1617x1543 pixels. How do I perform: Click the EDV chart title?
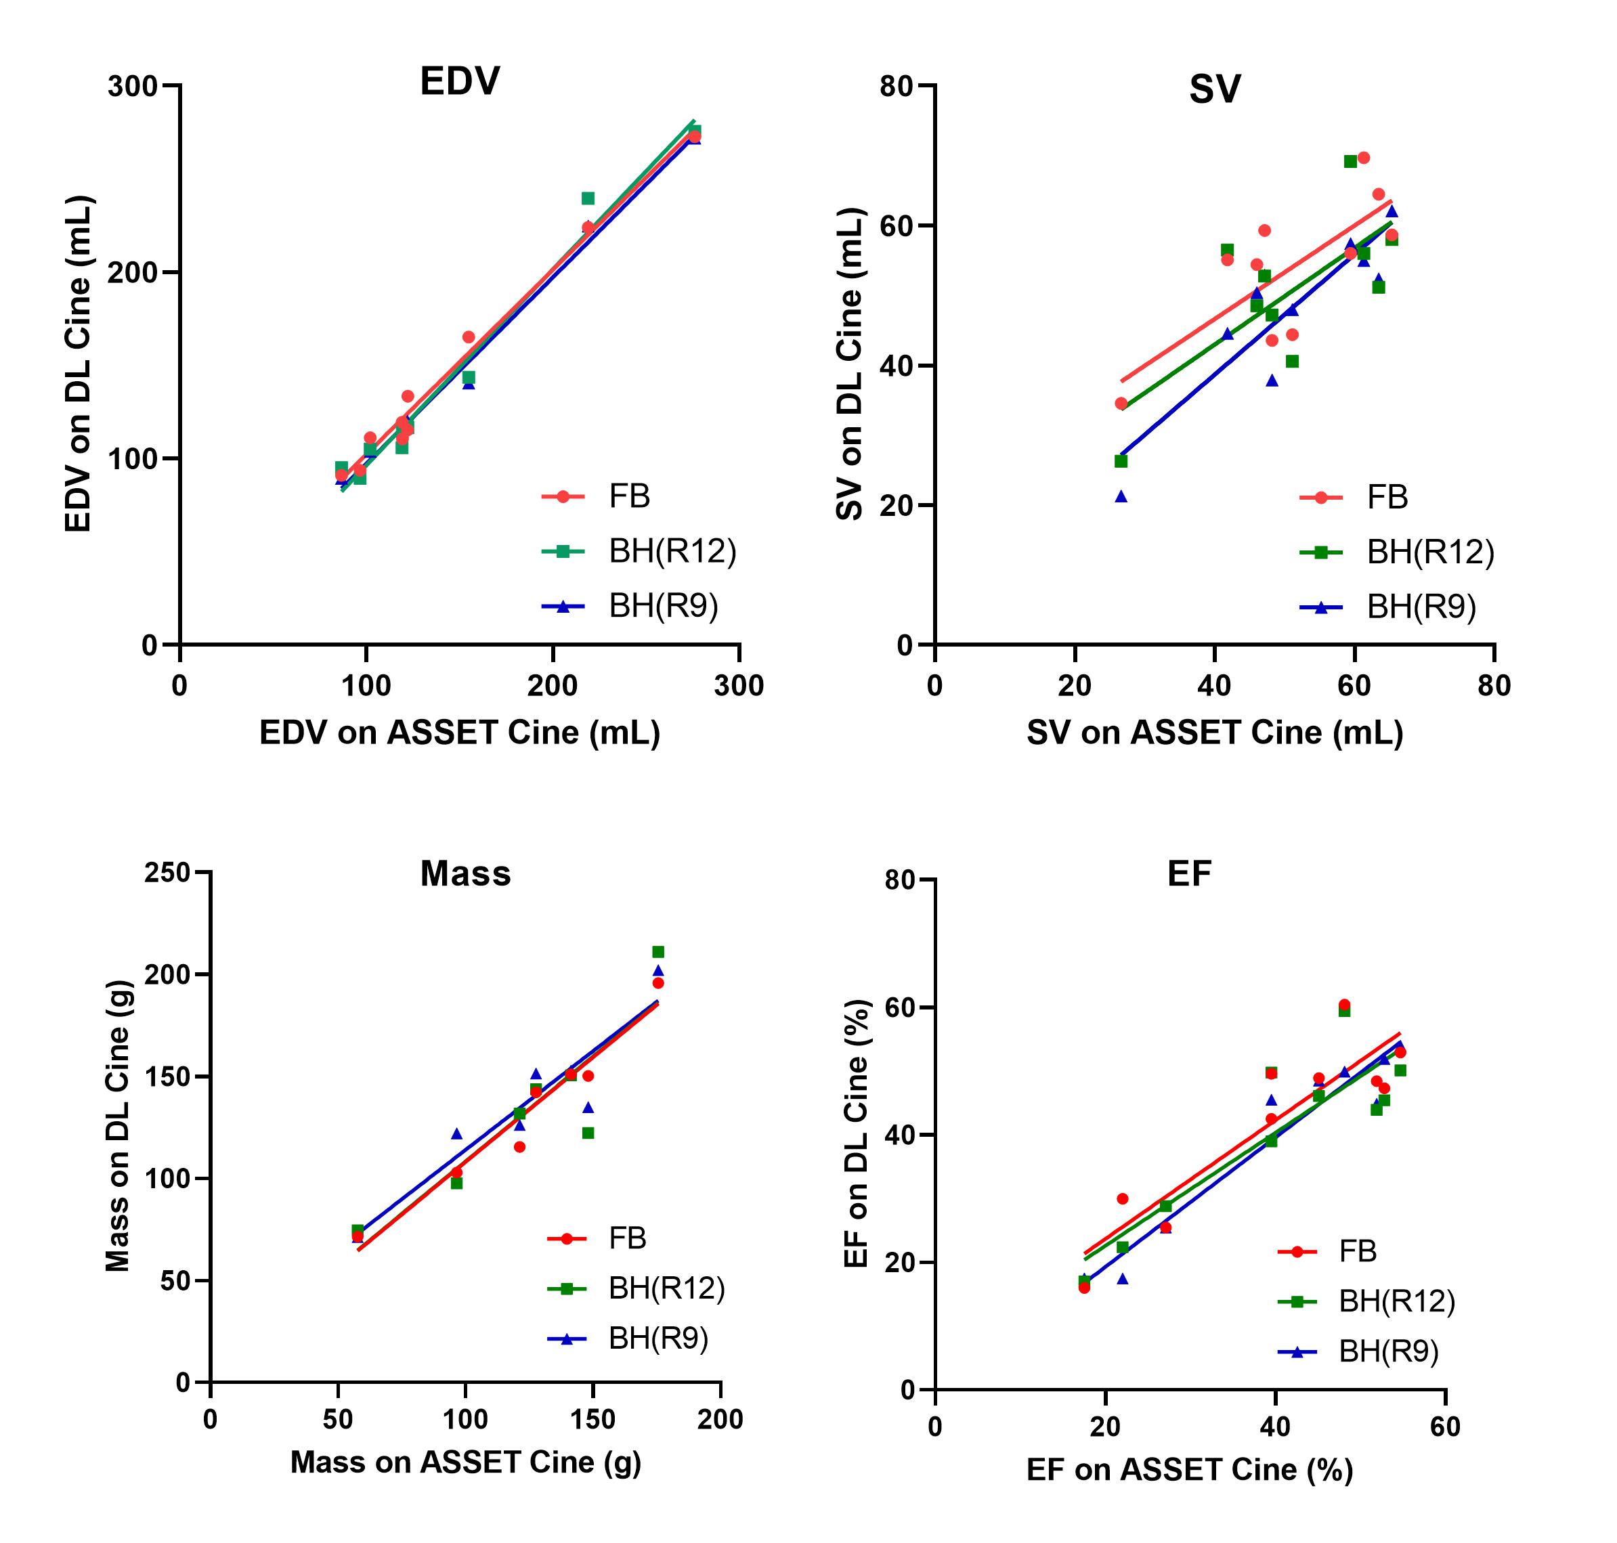[459, 81]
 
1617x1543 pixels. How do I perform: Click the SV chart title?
[1214, 89]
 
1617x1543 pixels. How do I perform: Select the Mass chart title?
[465, 873]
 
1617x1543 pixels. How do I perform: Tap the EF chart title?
[1189, 873]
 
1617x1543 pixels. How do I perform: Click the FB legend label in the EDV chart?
[629, 497]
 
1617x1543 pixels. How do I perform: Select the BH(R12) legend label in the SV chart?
[1430, 552]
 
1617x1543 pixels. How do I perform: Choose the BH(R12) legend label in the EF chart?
[1396, 1301]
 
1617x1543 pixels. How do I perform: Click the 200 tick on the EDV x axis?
[553, 686]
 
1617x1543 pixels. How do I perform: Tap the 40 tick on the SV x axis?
[1214, 686]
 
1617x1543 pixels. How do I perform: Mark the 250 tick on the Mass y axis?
[167, 873]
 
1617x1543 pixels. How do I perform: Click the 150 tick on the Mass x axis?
[592, 1420]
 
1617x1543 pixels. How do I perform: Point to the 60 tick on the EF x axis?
[1445, 1427]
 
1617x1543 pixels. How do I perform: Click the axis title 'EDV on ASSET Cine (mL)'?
[460, 733]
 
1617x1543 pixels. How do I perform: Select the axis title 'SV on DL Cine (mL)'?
[850, 364]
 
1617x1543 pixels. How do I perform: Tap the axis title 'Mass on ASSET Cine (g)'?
[465, 1462]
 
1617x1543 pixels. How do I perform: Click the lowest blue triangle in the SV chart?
[1121, 497]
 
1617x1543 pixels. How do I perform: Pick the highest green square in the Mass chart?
[658, 953]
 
